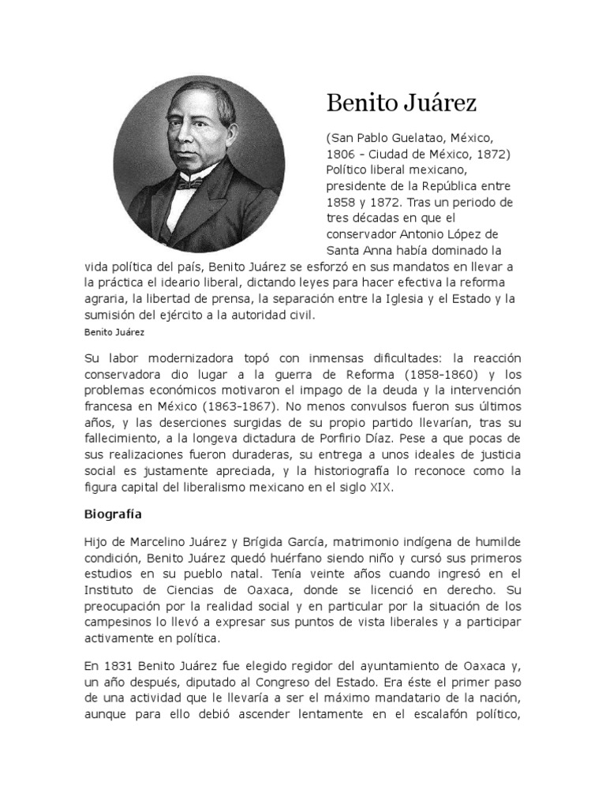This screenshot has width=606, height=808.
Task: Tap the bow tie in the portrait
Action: (187, 183)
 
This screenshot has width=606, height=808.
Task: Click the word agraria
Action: (106, 299)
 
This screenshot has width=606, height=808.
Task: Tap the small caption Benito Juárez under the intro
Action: (110, 332)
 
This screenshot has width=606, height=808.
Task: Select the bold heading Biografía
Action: (113, 514)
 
